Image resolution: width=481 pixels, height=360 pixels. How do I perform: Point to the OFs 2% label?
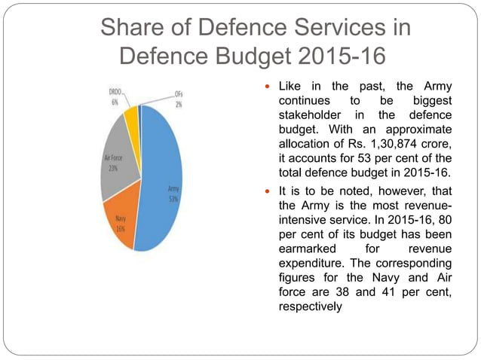click(x=178, y=99)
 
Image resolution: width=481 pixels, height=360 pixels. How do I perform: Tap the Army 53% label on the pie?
click(x=173, y=195)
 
